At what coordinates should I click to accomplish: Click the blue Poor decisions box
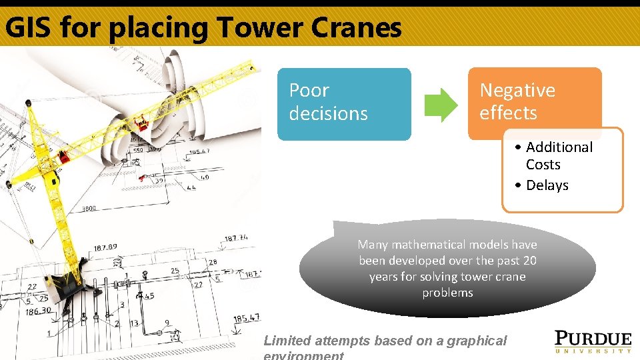[344, 104]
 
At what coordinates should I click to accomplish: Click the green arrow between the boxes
[441, 105]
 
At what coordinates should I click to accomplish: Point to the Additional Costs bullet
[559, 155]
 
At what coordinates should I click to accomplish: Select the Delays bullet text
[547, 185]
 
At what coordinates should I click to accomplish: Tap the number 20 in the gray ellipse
[530, 261]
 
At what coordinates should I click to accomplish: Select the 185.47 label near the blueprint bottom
[246, 319]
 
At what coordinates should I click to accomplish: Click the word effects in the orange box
[508, 113]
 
